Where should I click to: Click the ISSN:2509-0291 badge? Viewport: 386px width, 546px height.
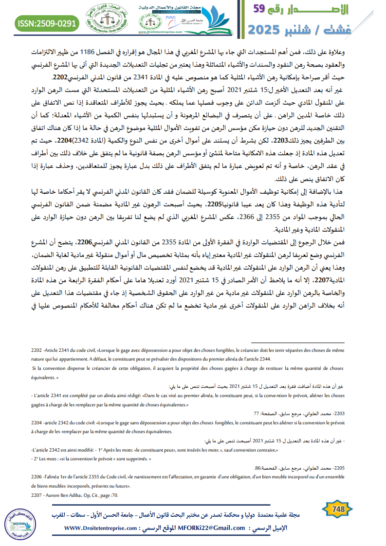(x=47, y=23)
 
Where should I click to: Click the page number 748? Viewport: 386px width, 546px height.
(x=338, y=510)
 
